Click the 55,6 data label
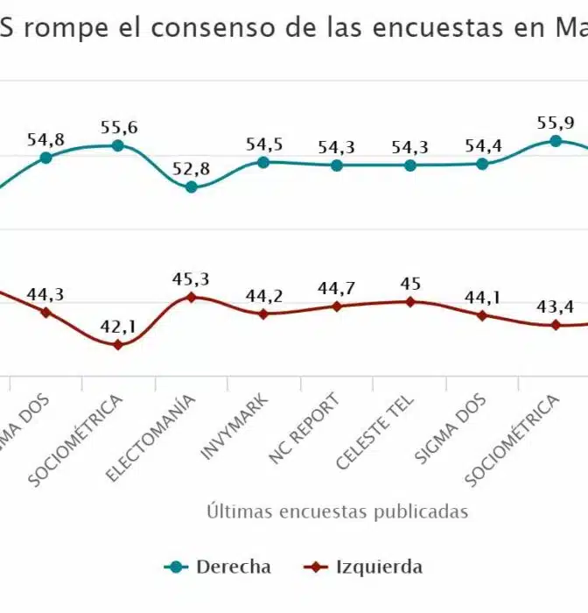(x=119, y=128)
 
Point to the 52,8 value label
(x=192, y=169)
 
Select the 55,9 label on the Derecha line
(x=555, y=123)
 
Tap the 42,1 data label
(x=119, y=327)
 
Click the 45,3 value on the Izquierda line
(x=192, y=279)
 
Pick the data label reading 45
(x=409, y=284)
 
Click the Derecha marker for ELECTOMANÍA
(x=192, y=187)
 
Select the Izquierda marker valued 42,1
(x=119, y=344)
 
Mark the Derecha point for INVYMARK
(x=264, y=162)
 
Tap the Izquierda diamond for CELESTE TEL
(x=409, y=301)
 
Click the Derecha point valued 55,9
(x=555, y=140)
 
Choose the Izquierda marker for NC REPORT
(x=337, y=306)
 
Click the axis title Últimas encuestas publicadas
(x=337, y=511)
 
